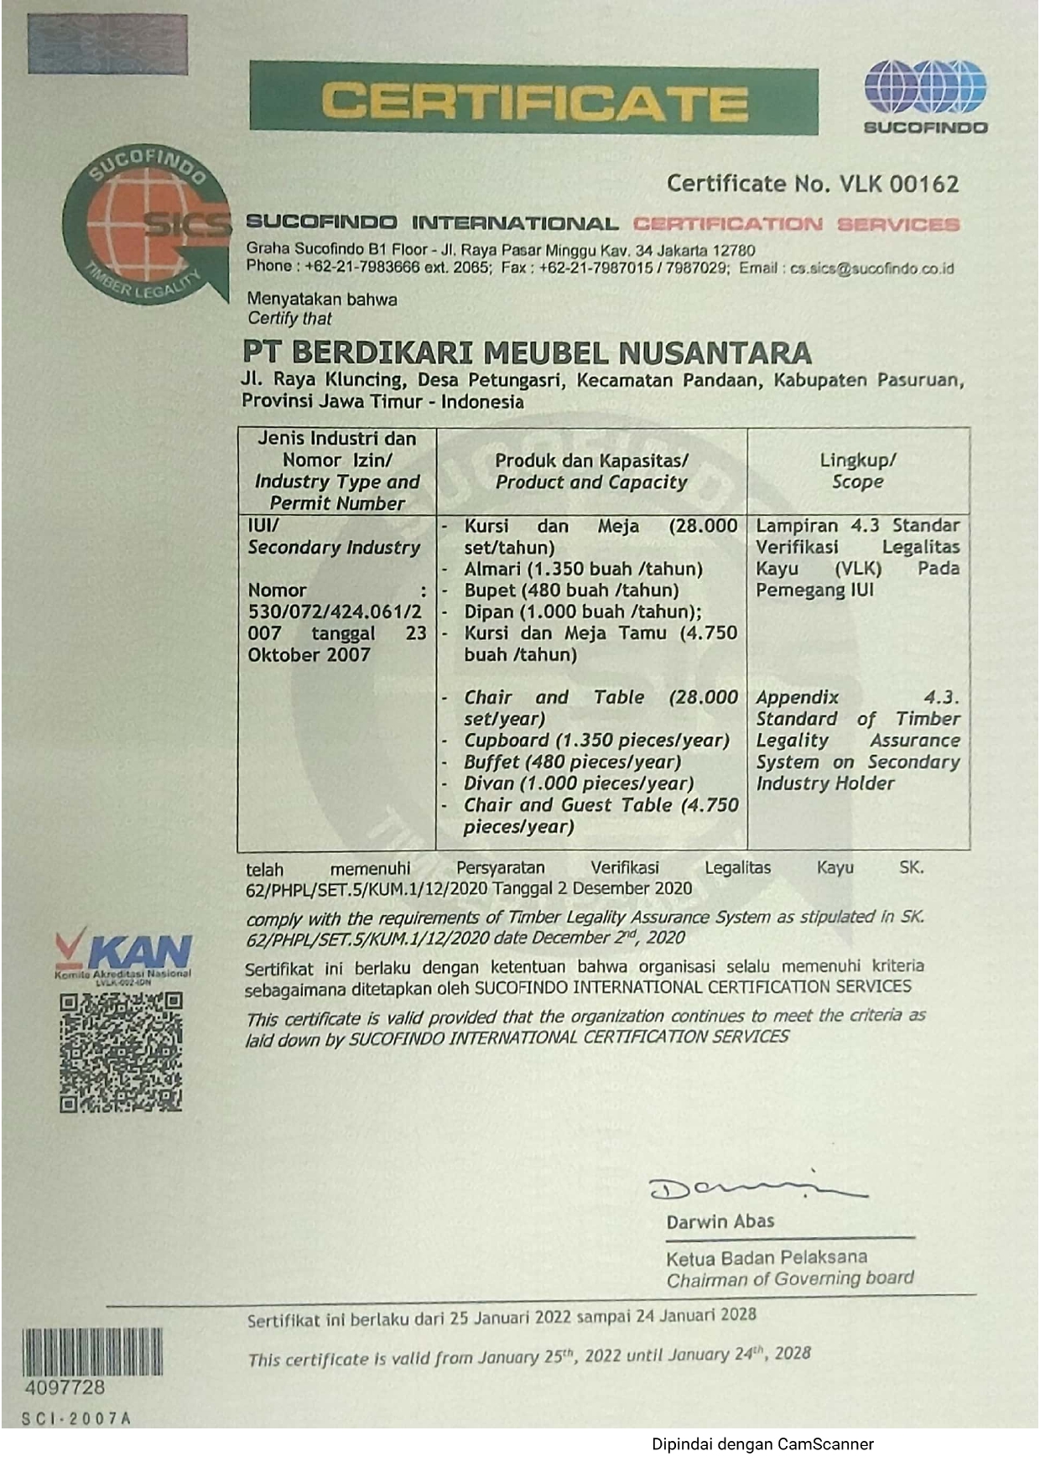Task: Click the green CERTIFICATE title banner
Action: pyautogui.click(x=533, y=99)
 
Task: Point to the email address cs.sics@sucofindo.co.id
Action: pyautogui.click(x=872, y=269)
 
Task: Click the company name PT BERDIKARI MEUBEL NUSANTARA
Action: pyautogui.click(x=527, y=352)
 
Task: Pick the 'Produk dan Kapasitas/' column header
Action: pyautogui.click(x=591, y=460)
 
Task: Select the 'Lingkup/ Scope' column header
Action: pyautogui.click(x=857, y=471)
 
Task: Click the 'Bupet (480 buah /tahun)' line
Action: pyautogui.click(x=571, y=590)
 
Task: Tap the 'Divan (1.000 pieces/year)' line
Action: pyautogui.click(x=579, y=783)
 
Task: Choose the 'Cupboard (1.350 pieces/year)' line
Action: pyautogui.click(x=596, y=741)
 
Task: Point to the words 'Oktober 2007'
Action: pyautogui.click(x=309, y=655)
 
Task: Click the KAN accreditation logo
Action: pyautogui.click(x=124, y=954)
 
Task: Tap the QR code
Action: pyautogui.click(x=121, y=1052)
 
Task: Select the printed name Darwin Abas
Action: pyautogui.click(x=720, y=1222)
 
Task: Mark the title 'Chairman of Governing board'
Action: pyautogui.click(x=789, y=1279)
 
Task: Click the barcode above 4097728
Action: pyautogui.click(x=92, y=1351)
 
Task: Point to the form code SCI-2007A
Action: pyautogui.click(x=76, y=1419)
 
